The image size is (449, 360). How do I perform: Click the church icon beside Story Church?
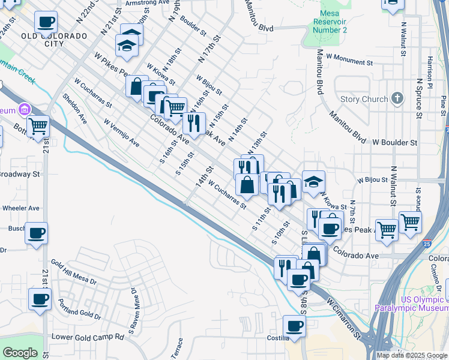(397, 98)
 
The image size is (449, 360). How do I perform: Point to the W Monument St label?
(349, 60)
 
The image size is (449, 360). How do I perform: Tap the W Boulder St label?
(394, 143)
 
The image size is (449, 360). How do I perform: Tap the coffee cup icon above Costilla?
(294, 326)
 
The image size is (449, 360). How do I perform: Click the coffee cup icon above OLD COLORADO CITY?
(46, 22)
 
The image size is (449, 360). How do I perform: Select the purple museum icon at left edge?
(25, 110)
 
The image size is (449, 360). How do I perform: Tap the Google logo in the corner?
(20, 352)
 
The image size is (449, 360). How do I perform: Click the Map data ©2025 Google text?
(411, 355)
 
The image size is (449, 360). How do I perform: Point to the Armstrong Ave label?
(148, 3)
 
